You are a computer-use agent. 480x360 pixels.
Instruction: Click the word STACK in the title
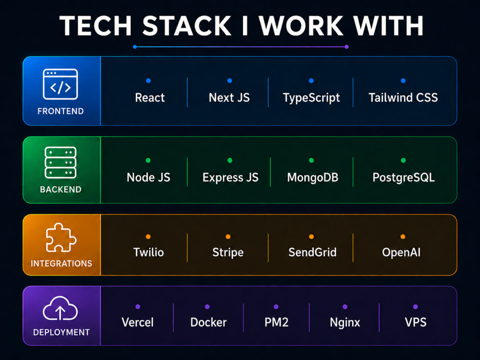(x=187, y=26)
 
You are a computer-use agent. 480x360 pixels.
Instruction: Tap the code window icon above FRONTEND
(x=60, y=84)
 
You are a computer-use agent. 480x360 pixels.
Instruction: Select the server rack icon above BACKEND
(x=60, y=163)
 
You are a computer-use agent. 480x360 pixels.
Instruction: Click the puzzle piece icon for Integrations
(x=60, y=238)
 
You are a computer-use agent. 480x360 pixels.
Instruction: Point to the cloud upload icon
(x=60, y=308)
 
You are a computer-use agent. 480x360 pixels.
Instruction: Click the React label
(x=150, y=97)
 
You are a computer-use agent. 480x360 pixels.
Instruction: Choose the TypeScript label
(x=312, y=98)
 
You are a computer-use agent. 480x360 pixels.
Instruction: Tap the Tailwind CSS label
(x=403, y=97)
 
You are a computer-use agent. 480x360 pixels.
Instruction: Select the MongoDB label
(x=312, y=177)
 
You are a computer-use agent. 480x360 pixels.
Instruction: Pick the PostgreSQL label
(x=404, y=178)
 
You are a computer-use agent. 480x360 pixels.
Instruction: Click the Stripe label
(x=228, y=252)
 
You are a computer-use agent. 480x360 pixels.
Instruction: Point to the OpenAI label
(x=401, y=252)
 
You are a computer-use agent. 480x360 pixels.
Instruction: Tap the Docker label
(x=208, y=323)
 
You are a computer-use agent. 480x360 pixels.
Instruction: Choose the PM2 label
(x=276, y=323)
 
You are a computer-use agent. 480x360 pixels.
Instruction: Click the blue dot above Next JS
(x=229, y=81)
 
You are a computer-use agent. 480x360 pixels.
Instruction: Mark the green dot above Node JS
(x=148, y=160)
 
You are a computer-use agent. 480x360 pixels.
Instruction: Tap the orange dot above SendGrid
(x=312, y=237)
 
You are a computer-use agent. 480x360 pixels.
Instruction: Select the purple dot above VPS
(x=415, y=307)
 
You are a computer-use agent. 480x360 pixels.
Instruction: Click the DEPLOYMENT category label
(x=61, y=332)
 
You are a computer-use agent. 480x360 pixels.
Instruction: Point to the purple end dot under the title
(x=347, y=47)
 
